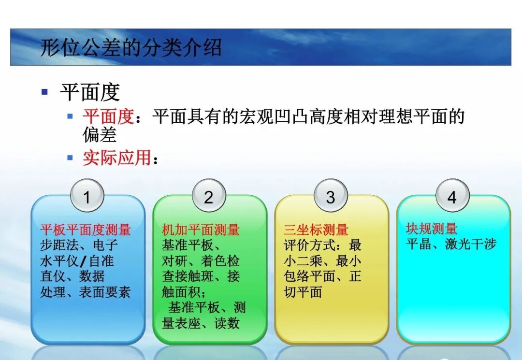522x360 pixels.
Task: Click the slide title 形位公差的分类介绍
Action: point(130,47)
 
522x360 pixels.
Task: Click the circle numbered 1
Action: point(87,197)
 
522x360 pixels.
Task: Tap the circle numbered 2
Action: point(209,197)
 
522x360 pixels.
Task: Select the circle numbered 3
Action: point(331,197)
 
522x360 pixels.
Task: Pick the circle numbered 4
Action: point(452,197)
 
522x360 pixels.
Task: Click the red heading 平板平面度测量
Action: point(86,229)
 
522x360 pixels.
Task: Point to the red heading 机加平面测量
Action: point(201,230)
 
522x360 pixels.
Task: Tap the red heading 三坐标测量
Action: point(316,230)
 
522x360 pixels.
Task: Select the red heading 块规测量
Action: point(432,229)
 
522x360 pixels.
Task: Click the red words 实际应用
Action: point(116,158)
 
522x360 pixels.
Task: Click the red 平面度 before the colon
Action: point(108,116)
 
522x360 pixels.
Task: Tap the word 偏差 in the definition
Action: point(100,135)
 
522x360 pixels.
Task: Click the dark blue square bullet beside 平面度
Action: point(45,91)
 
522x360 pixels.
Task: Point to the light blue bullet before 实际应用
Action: point(70,158)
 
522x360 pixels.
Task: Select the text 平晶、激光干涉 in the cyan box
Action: point(451,244)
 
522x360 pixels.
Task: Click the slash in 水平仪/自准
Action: point(83,261)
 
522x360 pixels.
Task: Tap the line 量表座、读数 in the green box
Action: point(201,323)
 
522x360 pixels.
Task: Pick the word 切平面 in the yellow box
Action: point(303,292)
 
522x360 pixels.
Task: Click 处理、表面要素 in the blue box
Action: point(86,292)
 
